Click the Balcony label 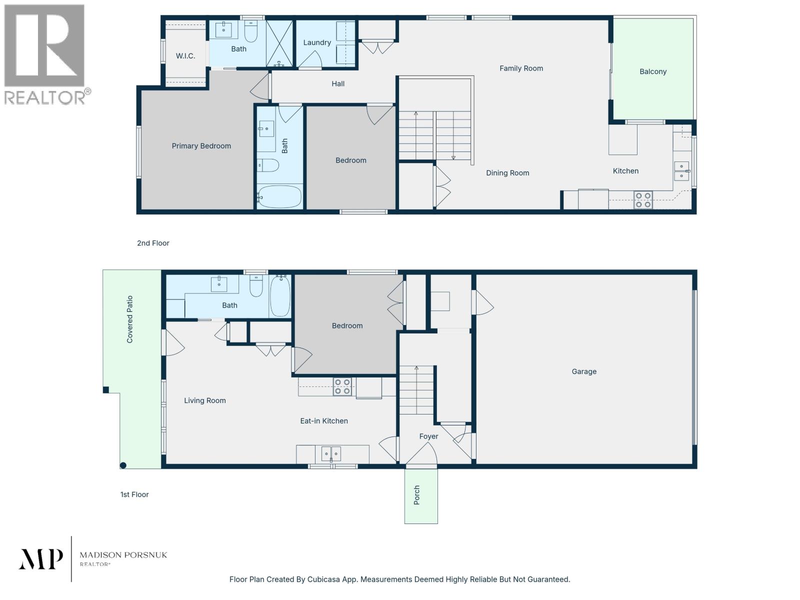coord(653,71)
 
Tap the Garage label coord(584,371)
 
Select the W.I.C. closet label coord(185,56)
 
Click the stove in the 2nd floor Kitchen coord(643,200)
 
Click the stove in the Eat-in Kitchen coord(342,386)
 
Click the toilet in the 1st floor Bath coord(256,286)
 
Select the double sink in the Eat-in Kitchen coord(330,454)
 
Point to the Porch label coord(417,495)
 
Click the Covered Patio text coord(130,319)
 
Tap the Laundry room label coord(317,42)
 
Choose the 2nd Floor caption coord(153,243)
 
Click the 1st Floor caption coord(134,494)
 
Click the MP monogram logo coord(41,559)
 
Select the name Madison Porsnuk coord(123,555)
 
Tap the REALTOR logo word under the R coord(45,97)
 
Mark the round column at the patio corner coord(123,465)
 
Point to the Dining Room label coord(507,173)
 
